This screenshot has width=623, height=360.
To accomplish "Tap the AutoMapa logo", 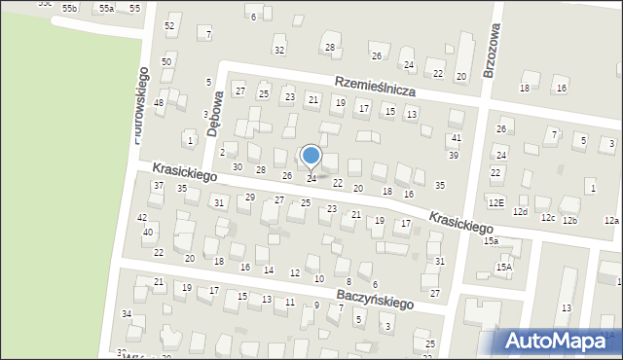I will pyautogui.click(x=555, y=341).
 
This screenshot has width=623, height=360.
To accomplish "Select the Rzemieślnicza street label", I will pyautogui.click(x=375, y=87).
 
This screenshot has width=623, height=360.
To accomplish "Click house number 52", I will pyautogui.click(x=169, y=25).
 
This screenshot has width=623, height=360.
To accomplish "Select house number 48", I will pyautogui.click(x=159, y=102).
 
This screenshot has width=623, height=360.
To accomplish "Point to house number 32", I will pyautogui.click(x=279, y=49).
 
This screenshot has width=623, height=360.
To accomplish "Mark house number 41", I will pyautogui.click(x=456, y=138).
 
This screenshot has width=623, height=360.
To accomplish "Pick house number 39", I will pyautogui.click(x=453, y=156).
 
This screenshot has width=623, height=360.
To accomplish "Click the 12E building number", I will pyautogui.click(x=496, y=203).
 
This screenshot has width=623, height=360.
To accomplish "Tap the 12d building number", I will pyautogui.click(x=521, y=211).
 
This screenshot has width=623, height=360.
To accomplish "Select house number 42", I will pyautogui.click(x=142, y=218).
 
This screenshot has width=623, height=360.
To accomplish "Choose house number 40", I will pyautogui.click(x=148, y=233).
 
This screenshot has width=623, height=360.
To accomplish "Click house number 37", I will pyautogui.click(x=158, y=185).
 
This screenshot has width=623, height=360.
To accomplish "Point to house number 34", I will pyautogui.click(x=127, y=313).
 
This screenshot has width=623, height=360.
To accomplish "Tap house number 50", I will pyautogui.click(x=166, y=61).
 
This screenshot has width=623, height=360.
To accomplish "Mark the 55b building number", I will pyautogui.click(x=69, y=8).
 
